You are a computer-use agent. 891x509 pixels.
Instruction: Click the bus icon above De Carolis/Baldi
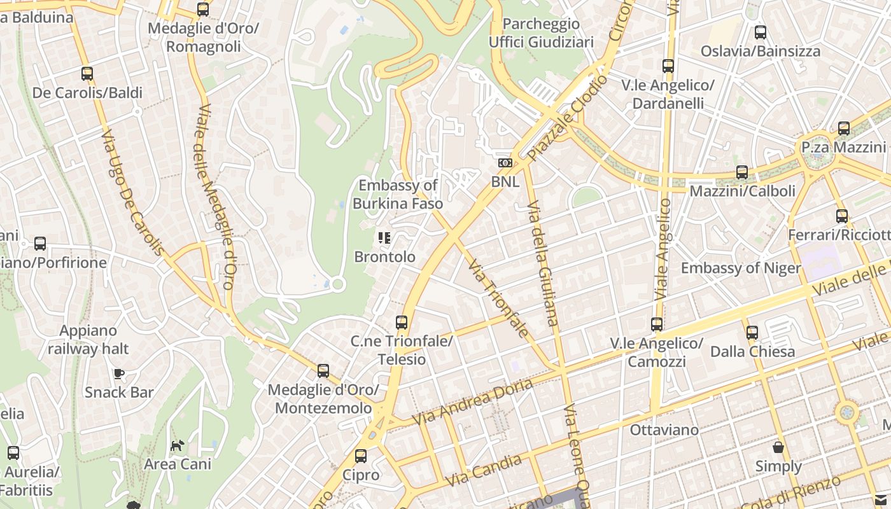pyautogui.click(x=87, y=74)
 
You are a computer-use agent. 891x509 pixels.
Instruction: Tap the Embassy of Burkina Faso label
pyautogui.click(x=398, y=195)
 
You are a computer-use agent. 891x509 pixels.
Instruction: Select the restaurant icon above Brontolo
pyautogui.click(x=384, y=238)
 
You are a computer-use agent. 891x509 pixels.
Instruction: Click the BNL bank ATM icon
pyautogui.click(x=505, y=163)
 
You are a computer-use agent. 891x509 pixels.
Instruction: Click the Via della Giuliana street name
pyautogui.click(x=543, y=263)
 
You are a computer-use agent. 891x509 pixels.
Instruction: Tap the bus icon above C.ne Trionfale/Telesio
pyautogui.click(x=401, y=323)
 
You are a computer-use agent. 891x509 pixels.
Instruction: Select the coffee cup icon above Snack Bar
pyautogui.click(x=119, y=373)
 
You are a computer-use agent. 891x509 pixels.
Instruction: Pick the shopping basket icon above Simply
pyautogui.click(x=778, y=447)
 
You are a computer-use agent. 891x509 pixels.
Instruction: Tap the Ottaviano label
pyautogui.click(x=664, y=430)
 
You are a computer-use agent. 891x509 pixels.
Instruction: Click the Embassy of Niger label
pyautogui.click(x=741, y=268)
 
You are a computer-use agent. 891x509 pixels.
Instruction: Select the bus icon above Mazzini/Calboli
pyautogui.click(x=741, y=172)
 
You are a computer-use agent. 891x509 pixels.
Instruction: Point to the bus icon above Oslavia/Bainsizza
pyautogui.click(x=760, y=32)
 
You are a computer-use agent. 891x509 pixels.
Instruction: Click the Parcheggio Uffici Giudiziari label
pyautogui.click(x=541, y=33)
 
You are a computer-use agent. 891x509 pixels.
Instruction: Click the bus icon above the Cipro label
pyautogui.click(x=360, y=456)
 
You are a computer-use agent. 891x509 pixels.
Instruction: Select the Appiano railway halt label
pyautogui.click(x=88, y=340)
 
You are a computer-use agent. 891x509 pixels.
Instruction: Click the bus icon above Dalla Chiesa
pyautogui.click(x=752, y=333)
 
